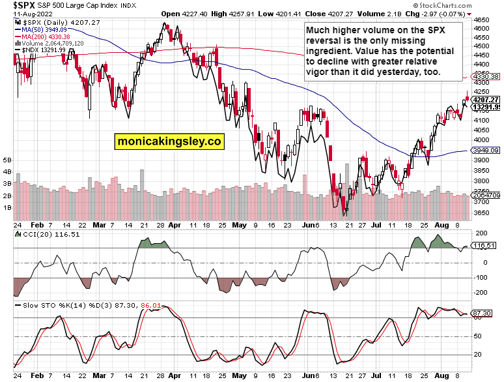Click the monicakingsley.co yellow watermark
169,140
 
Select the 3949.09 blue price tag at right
486,150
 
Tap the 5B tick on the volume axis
7,160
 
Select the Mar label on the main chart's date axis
99,224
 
